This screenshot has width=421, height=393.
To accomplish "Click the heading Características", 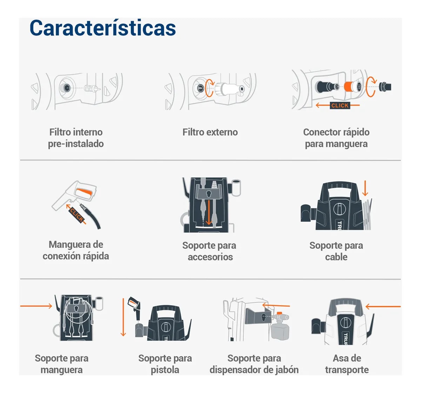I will [x=102, y=28].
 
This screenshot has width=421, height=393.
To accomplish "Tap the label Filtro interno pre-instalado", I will [x=76, y=138].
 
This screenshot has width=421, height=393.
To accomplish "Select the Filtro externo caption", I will [x=210, y=132].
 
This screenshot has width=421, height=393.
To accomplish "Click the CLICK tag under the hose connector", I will [x=340, y=105].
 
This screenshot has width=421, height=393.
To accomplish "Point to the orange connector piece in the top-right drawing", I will [x=349, y=86].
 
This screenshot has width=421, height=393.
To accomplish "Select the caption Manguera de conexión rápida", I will [x=76, y=250].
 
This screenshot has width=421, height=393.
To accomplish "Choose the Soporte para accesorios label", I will [x=209, y=251].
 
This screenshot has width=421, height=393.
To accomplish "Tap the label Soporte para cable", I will [x=336, y=251].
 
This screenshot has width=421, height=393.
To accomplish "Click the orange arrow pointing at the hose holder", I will [x=36, y=306].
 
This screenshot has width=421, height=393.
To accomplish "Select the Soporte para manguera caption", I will [x=61, y=364].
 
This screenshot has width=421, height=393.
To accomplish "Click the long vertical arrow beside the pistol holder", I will [x=123, y=317].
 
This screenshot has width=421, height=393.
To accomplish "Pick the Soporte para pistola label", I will [x=165, y=364].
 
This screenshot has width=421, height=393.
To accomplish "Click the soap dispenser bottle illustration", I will [x=280, y=332].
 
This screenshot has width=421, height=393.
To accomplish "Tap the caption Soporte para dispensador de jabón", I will [x=254, y=364].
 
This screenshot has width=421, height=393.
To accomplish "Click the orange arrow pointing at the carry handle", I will [x=383, y=306].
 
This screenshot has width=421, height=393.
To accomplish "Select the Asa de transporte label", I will [x=347, y=364].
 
